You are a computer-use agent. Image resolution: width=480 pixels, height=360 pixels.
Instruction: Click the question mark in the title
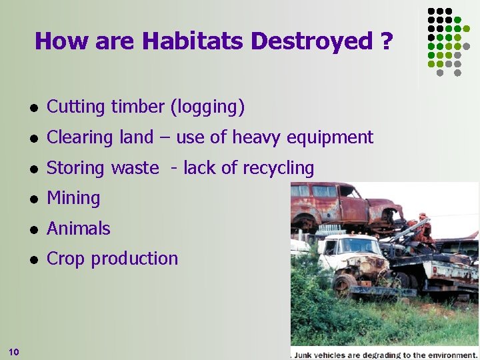pyautogui.click(x=387, y=41)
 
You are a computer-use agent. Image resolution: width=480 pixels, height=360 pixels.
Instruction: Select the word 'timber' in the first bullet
pyautogui.click(x=139, y=107)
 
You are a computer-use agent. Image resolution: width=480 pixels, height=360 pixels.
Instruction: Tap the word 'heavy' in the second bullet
pyautogui.click(x=257, y=137)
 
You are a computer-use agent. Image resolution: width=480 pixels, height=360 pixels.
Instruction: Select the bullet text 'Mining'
pyautogui.click(x=73, y=198)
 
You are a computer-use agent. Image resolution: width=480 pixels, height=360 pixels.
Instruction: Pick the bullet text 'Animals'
pyautogui.click(x=79, y=228)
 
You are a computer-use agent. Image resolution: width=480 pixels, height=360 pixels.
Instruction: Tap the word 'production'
pyautogui.click(x=135, y=259)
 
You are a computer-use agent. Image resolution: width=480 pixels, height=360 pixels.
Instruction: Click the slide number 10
pyautogui.click(x=15, y=351)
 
